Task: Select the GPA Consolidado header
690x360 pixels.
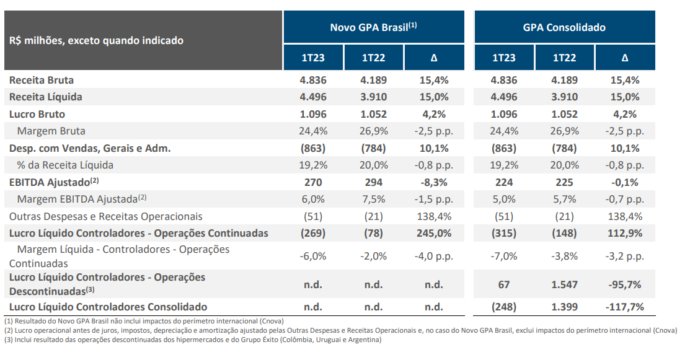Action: pyautogui.click(x=564, y=27)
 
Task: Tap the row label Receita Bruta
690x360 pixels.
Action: pyautogui.click(x=42, y=80)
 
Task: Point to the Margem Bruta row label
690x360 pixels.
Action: pyautogui.click(x=51, y=131)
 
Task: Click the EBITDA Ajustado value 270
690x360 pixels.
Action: pyautogui.click(x=313, y=182)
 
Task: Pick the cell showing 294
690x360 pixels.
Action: pyautogui.click(x=373, y=182)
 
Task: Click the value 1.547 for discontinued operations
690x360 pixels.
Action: pyautogui.click(x=564, y=284)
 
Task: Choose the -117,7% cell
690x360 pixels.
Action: pyautogui.click(x=624, y=307)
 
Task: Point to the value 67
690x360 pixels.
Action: pyautogui.click(x=503, y=284)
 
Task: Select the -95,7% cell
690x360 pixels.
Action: pyautogui.click(x=624, y=284)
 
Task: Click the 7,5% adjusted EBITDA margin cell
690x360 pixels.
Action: pyautogui.click(x=373, y=199)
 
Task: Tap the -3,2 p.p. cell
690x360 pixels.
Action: pyautogui.click(x=624, y=256)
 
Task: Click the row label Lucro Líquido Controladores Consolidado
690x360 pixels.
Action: pyautogui.click(x=108, y=307)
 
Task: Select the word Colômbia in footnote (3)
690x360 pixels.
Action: pyautogui.click(x=294, y=340)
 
